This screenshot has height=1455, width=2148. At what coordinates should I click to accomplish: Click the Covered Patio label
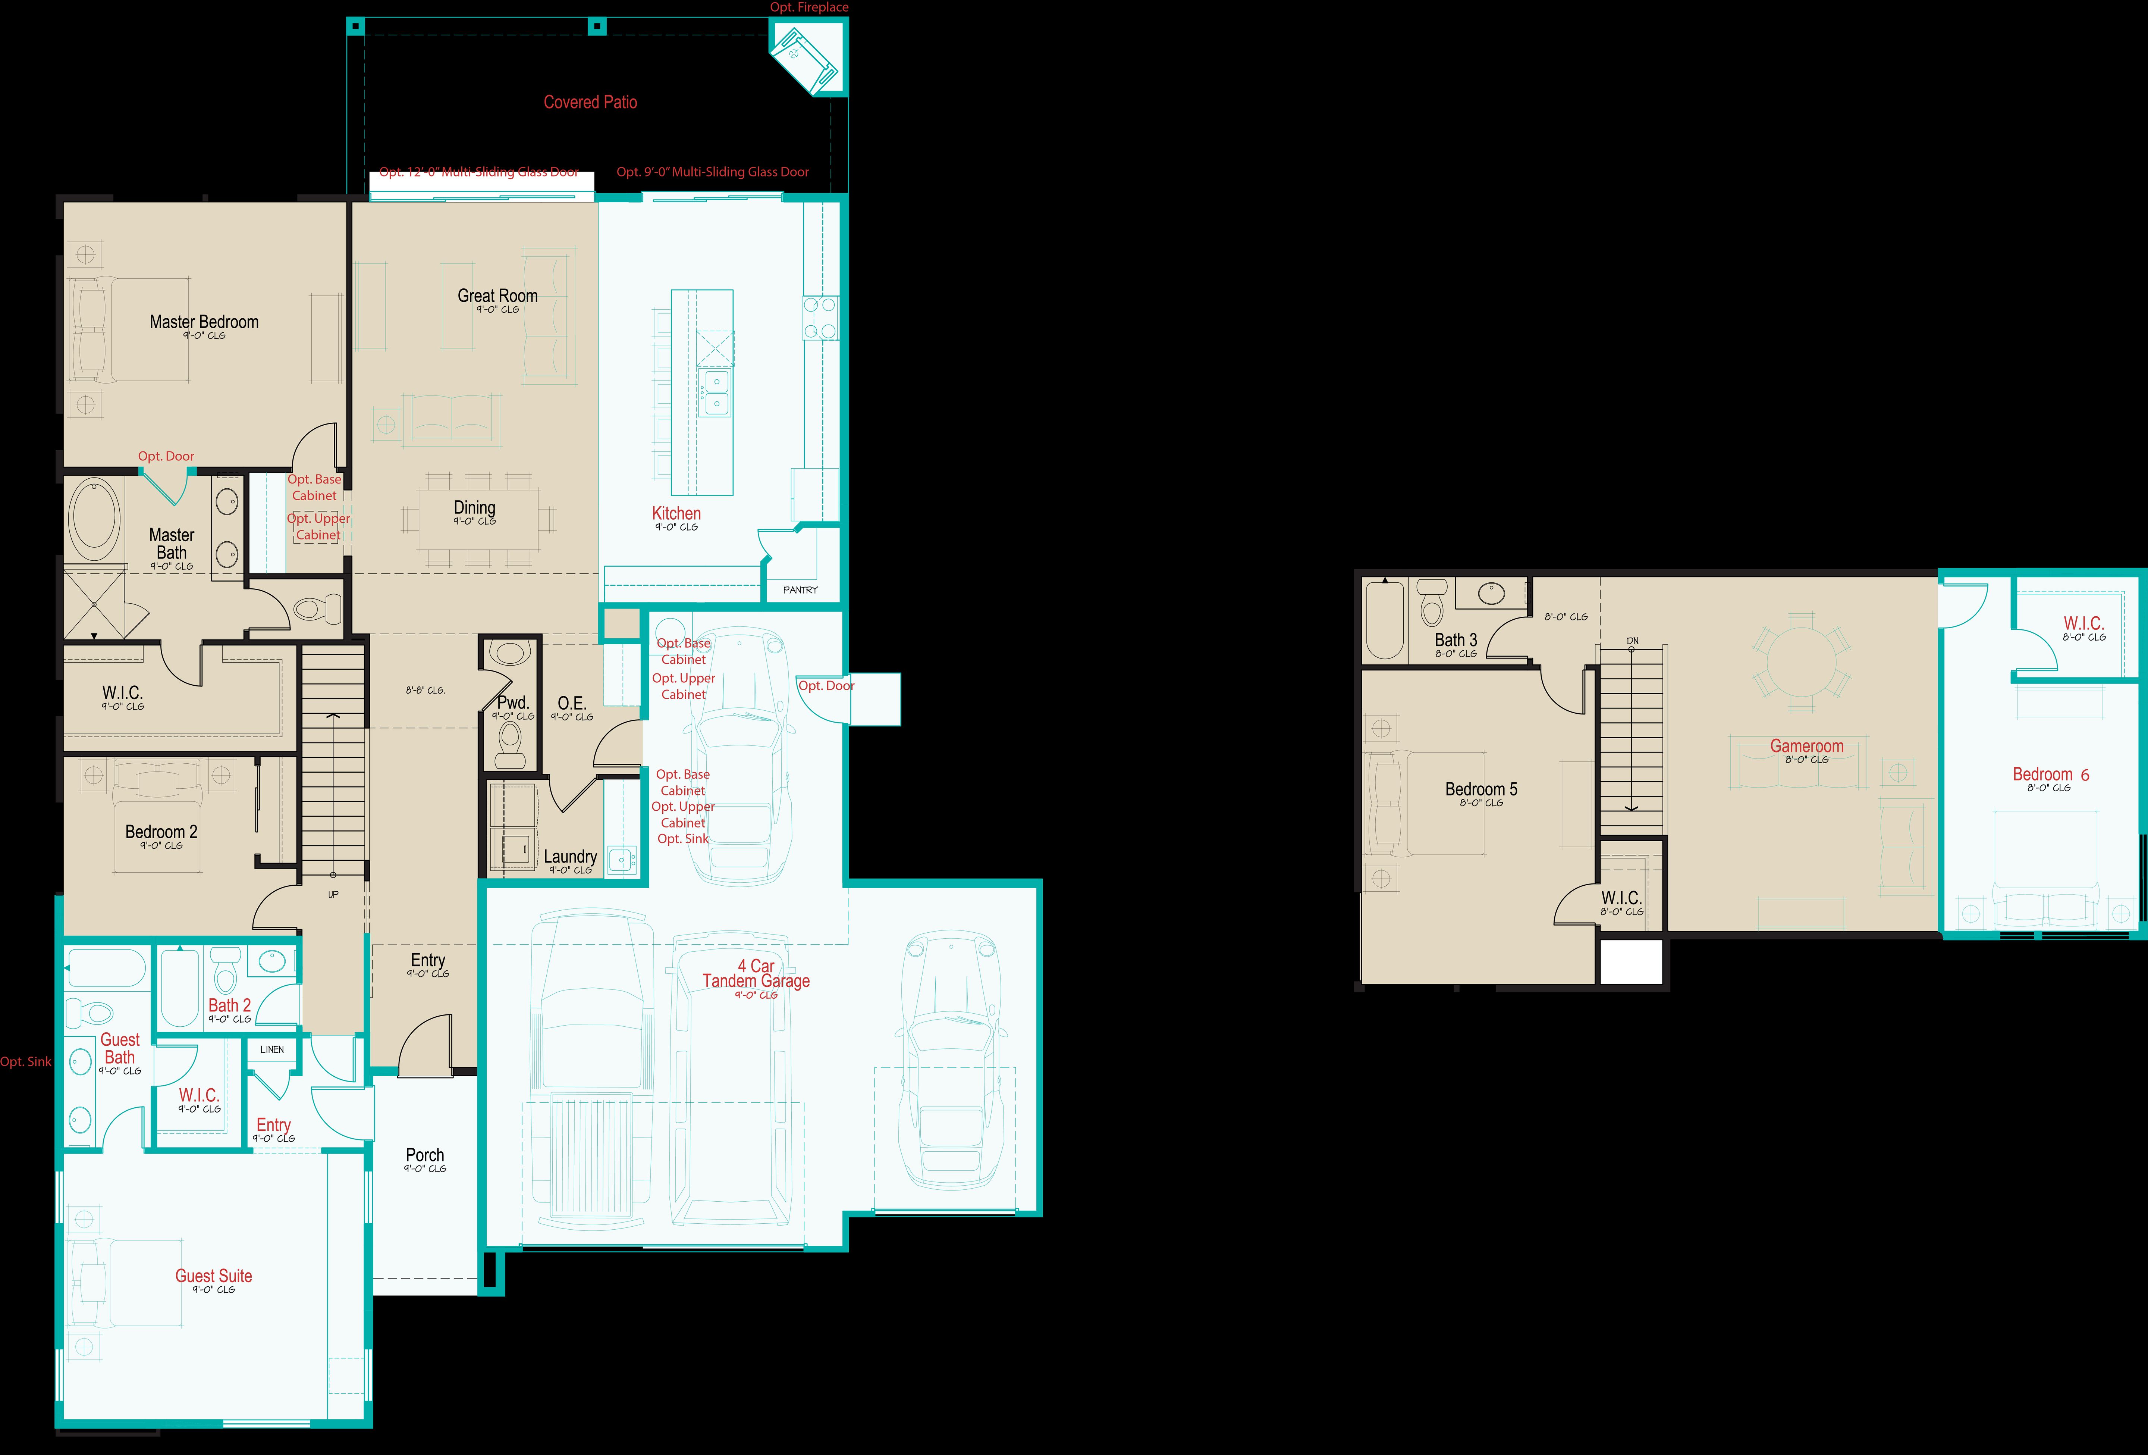point(590,103)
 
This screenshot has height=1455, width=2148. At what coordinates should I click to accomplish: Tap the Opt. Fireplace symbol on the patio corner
point(804,57)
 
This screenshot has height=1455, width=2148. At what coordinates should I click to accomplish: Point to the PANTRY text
point(800,590)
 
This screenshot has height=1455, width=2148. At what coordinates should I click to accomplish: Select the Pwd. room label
point(513,703)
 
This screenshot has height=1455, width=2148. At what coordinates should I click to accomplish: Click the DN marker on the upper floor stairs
point(1632,641)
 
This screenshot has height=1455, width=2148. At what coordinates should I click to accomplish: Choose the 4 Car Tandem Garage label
point(756,973)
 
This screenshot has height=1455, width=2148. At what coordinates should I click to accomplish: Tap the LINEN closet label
point(272,1049)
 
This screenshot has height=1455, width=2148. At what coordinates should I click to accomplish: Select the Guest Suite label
point(214,1276)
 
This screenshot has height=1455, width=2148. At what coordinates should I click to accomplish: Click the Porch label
point(425,1155)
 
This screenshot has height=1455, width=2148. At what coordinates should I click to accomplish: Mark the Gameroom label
point(1806,746)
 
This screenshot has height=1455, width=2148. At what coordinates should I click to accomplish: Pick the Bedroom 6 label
point(2050,775)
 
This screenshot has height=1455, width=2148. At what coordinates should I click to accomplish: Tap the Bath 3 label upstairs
point(1456,640)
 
